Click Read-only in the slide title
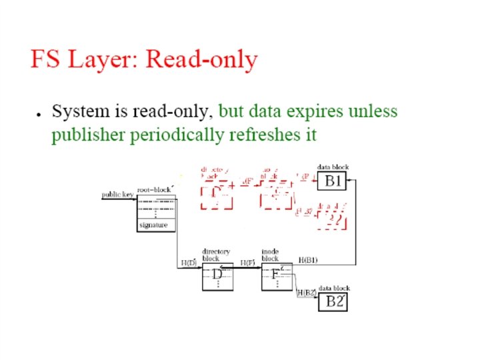pyautogui.click(x=201, y=59)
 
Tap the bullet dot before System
pyautogui.click(x=39, y=114)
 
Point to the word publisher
pyautogui.click(x=88, y=135)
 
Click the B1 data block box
pyautogui.click(x=333, y=180)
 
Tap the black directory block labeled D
pyautogui.click(x=217, y=275)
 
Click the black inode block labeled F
pyautogui.click(x=276, y=275)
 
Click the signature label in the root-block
pyautogui.click(x=153, y=225)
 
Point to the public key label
pyautogui.click(x=117, y=195)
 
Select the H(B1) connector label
pyautogui.click(x=307, y=259)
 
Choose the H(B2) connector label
pyautogui.click(x=305, y=292)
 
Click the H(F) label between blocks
pyautogui.click(x=247, y=263)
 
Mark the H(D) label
pyautogui.click(x=188, y=263)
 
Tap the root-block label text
pyautogui.click(x=154, y=189)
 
